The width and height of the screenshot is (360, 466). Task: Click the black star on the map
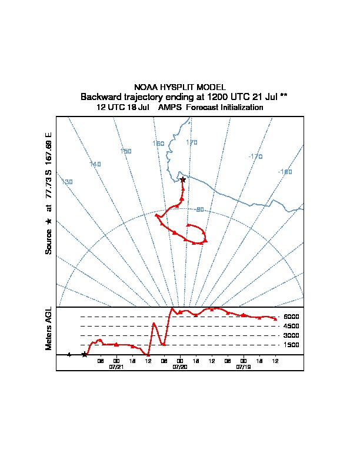182,179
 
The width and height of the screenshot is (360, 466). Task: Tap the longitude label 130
68,182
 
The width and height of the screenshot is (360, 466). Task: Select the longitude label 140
96,164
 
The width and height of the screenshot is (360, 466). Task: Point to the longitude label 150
125,151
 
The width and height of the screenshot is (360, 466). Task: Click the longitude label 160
158,144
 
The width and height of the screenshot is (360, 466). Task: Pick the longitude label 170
192,142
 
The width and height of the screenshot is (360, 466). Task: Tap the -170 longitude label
255,157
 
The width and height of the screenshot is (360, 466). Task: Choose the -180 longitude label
285,172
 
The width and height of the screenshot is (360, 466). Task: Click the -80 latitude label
199,209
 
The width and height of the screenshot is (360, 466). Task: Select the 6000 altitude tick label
291,317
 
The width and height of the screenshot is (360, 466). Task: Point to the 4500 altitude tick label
291,326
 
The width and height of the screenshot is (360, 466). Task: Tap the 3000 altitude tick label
291,335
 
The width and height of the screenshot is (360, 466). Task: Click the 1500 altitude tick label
291,345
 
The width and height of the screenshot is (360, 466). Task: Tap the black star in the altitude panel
85,354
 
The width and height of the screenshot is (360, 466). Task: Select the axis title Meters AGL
49,329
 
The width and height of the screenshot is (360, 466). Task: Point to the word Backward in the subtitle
102,96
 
